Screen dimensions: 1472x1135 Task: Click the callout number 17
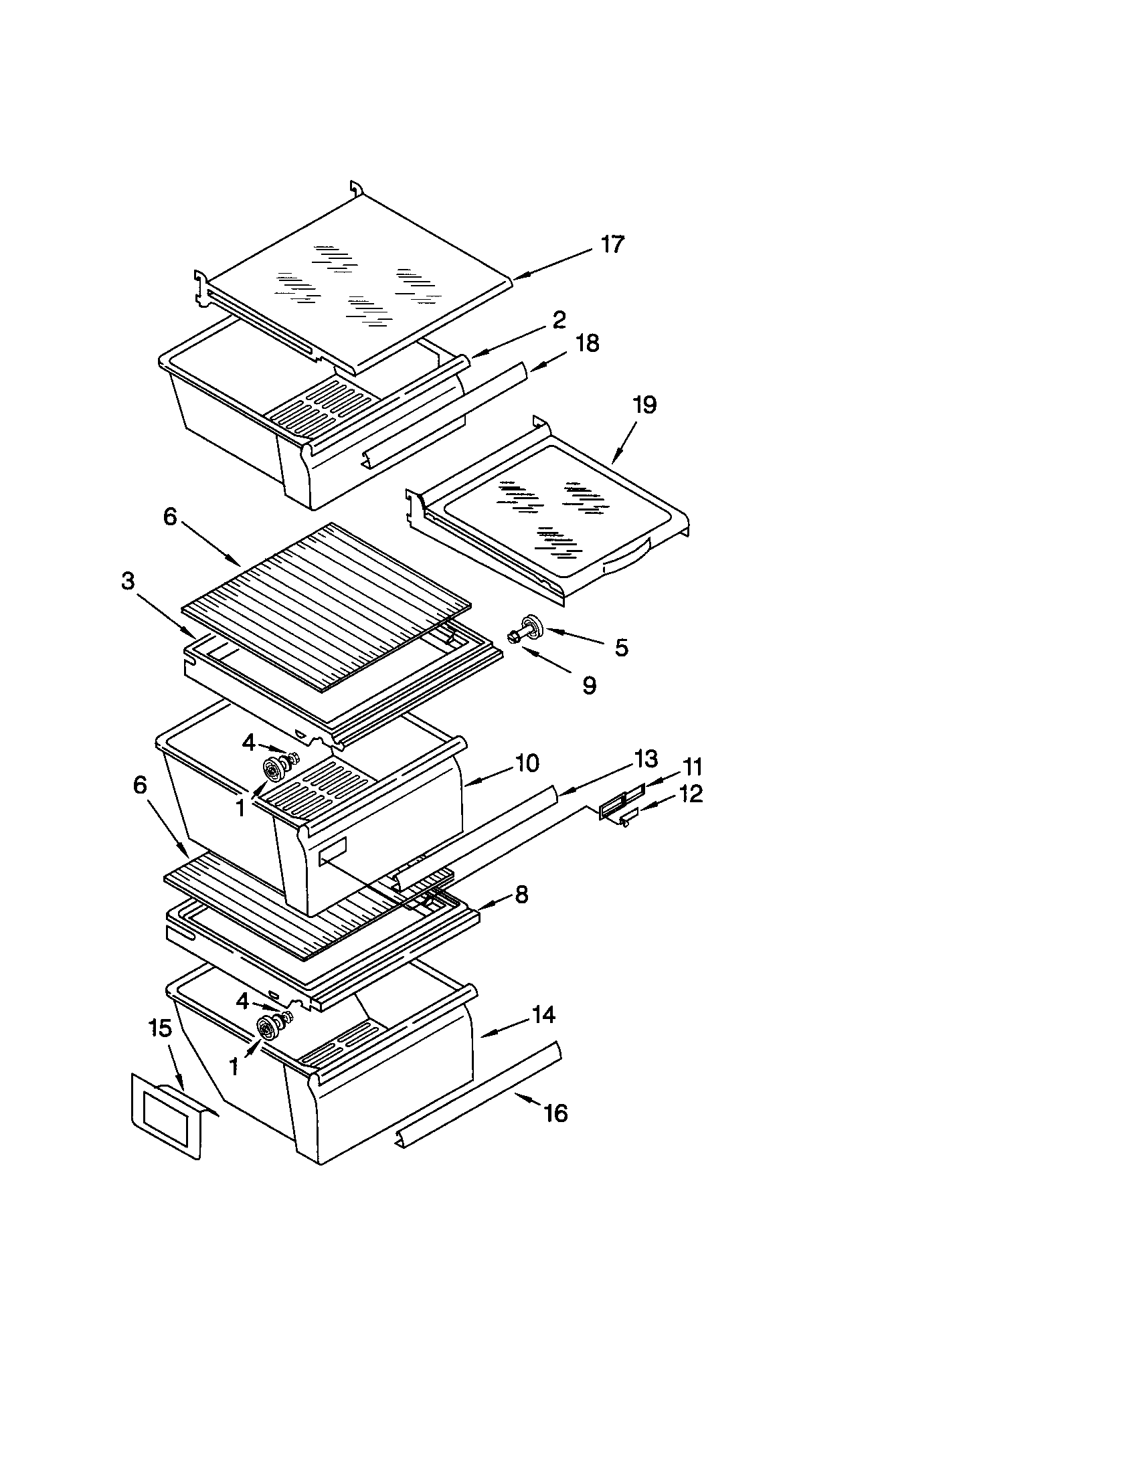click(612, 244)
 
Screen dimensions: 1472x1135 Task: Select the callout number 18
click(588, 343)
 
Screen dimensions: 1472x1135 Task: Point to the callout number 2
click(559, 319)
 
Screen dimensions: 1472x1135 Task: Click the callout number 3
click(128, 581)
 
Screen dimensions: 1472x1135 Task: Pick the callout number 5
click(621, 648)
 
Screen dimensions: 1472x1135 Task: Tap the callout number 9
click(589, 685)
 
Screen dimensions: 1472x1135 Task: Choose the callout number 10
click(527, 763)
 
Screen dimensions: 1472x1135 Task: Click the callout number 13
click(646, 759)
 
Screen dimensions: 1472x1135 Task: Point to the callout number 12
click(691, 794)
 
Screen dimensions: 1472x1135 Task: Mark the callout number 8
click(521, 895)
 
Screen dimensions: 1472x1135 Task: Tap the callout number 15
click(161, 1028)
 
